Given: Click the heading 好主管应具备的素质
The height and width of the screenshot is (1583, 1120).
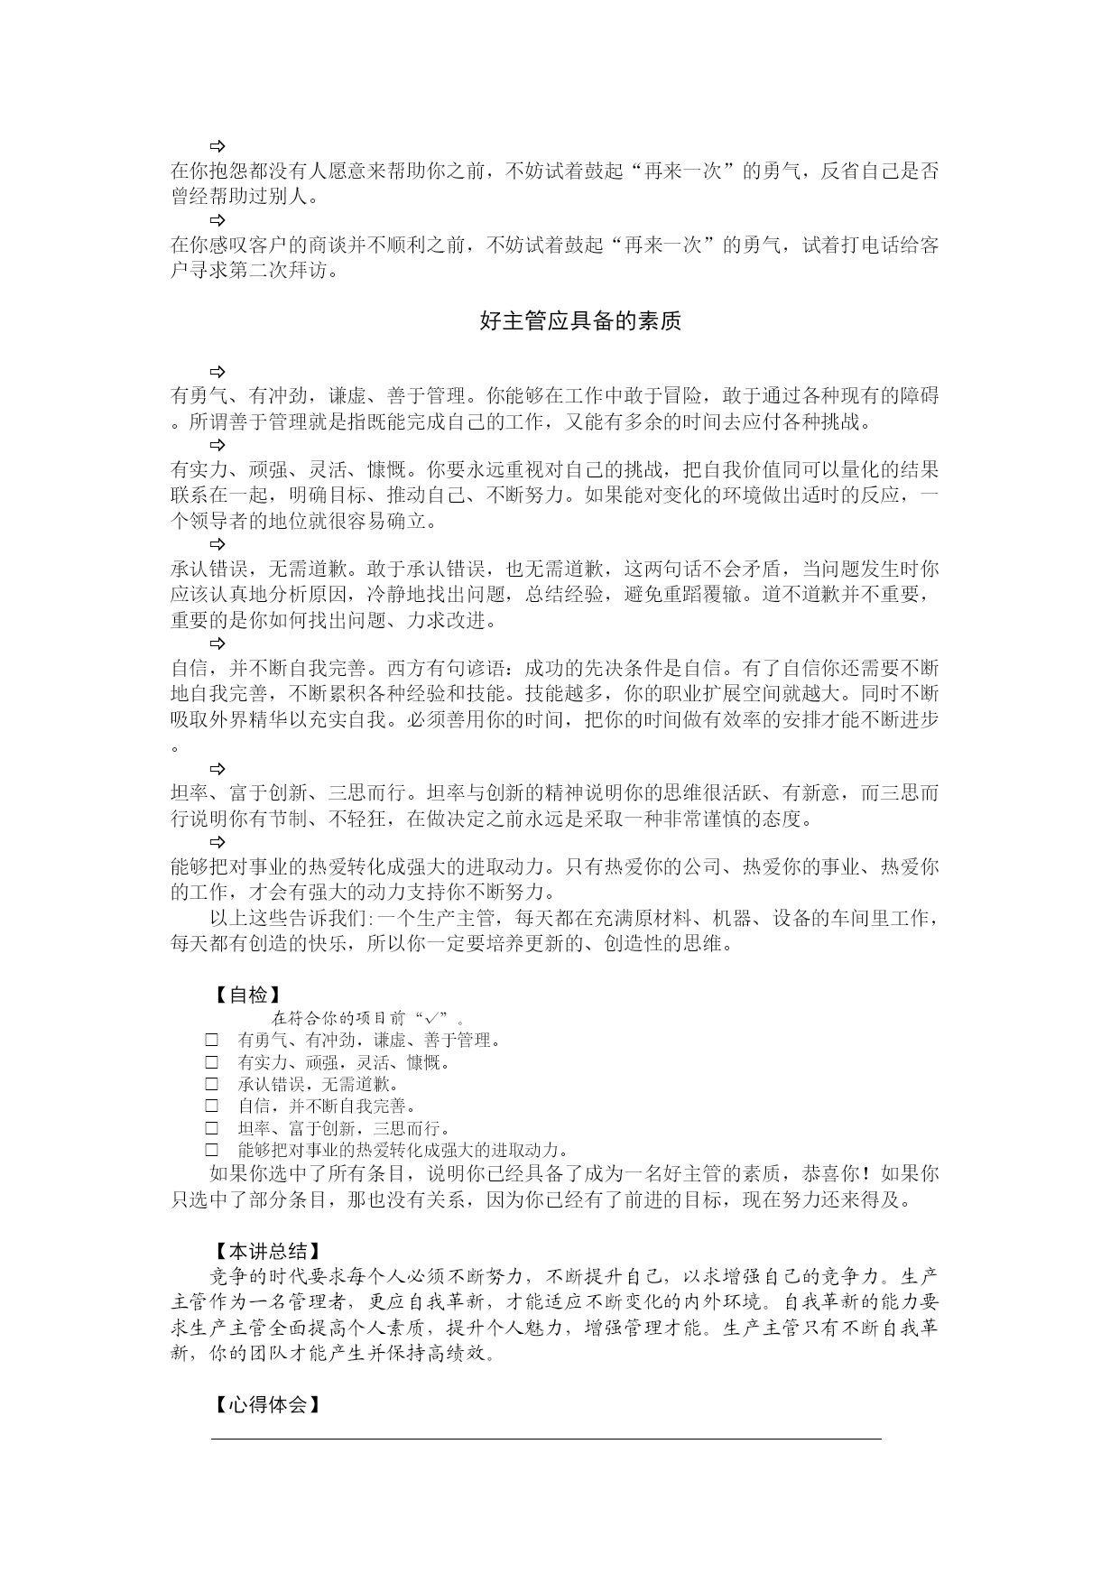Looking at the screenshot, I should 580,321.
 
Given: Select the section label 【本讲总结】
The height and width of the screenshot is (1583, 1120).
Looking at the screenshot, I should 266,1251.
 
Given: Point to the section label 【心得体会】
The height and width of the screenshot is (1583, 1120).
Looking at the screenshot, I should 266,1404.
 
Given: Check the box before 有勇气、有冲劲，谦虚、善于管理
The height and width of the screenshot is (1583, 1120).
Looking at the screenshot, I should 212,1041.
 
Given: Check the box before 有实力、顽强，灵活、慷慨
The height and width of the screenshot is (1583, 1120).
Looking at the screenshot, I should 212,1062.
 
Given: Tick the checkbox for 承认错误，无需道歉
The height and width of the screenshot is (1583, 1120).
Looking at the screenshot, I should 212,1084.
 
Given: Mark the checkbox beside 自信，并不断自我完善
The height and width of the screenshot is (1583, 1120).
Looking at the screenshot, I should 212,1106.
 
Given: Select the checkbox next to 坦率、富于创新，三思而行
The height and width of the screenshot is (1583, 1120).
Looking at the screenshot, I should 212,1128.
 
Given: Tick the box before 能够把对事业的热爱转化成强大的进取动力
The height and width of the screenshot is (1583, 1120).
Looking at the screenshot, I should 212,1150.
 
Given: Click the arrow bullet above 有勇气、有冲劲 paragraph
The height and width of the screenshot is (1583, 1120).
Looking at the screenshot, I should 218,371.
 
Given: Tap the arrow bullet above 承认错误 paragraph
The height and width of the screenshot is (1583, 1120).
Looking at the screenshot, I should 218,543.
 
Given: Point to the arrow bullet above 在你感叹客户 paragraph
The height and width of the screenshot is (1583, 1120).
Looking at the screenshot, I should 218,219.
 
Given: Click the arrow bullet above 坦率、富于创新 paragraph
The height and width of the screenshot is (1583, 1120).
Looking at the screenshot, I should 218,769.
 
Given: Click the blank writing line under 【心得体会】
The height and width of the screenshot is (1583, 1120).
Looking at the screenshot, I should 546,1438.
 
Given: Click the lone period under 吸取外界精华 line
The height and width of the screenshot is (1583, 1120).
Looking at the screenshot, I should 175,747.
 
